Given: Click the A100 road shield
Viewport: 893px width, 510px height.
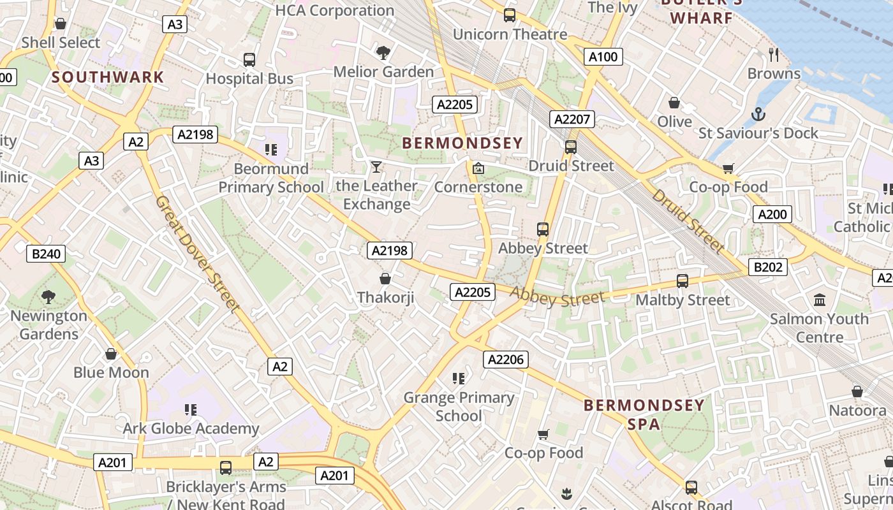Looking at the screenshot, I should (603, 57).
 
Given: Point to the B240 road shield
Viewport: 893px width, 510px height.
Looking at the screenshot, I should (46, 254).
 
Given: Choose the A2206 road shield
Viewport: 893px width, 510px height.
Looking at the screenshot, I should (505, 360).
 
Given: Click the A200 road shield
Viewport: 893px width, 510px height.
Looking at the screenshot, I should (772, 214).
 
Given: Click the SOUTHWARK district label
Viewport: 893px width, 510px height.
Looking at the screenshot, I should (108, 77).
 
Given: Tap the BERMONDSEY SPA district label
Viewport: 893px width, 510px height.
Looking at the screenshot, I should (644, 414).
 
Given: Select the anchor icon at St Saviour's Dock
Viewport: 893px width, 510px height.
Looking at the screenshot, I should (758, 115).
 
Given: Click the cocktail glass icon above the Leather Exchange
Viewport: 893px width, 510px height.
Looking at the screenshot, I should (376, 167).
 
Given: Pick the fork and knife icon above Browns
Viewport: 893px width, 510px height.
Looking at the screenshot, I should (774, 54).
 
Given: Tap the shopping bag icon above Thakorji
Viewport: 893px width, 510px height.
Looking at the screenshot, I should (385, 279).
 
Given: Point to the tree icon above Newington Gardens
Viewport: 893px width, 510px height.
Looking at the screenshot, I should (48, 296).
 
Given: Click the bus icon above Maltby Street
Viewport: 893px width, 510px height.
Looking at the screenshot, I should (683, 280).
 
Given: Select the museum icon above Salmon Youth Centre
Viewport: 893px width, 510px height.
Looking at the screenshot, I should (820, 300).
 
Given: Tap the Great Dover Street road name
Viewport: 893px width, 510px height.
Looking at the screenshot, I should (198, 254).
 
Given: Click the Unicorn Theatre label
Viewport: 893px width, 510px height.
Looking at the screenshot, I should (510, 34).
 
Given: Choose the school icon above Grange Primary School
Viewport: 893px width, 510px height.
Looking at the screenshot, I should (458, 379).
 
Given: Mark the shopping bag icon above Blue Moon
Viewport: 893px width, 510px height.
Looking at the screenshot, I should (111, 354).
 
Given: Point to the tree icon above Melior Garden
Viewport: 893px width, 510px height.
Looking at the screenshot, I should (383, 52).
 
